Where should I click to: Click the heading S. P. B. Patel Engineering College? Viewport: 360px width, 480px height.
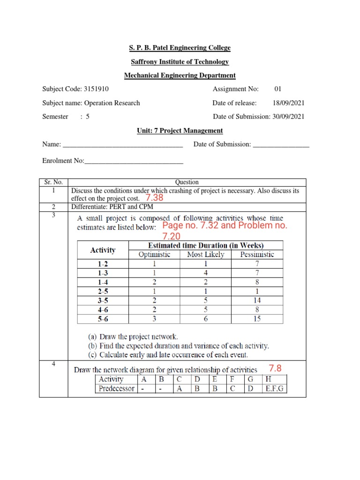(x=180, y=48)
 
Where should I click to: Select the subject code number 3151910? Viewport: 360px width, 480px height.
(x=98, y=89)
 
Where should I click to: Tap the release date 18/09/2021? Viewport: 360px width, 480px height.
(x=288, y=103)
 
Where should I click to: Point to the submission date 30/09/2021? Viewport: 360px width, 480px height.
(x=288, y=117)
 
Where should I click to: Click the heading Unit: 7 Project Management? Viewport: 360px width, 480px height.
(x=180, y=131)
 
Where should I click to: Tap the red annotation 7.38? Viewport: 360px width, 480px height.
(x=155, y=198)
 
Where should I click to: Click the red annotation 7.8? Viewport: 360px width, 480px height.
(x=275, y=368)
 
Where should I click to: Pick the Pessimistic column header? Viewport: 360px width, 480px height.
(x=257, y=255)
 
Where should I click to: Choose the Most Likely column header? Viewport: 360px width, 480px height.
(x=206, y=255)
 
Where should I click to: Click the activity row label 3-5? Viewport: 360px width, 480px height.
(x=103, y=300)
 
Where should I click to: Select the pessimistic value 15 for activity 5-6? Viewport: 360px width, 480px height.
(x=257, y=319)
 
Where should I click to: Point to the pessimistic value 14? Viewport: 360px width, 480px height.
(x=257, y=300)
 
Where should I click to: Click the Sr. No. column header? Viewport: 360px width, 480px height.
(x=53, y=182)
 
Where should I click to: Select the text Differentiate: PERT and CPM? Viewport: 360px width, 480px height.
(x=112, y=207)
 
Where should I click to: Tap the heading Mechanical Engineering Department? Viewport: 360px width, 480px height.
(x=180, y=75)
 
